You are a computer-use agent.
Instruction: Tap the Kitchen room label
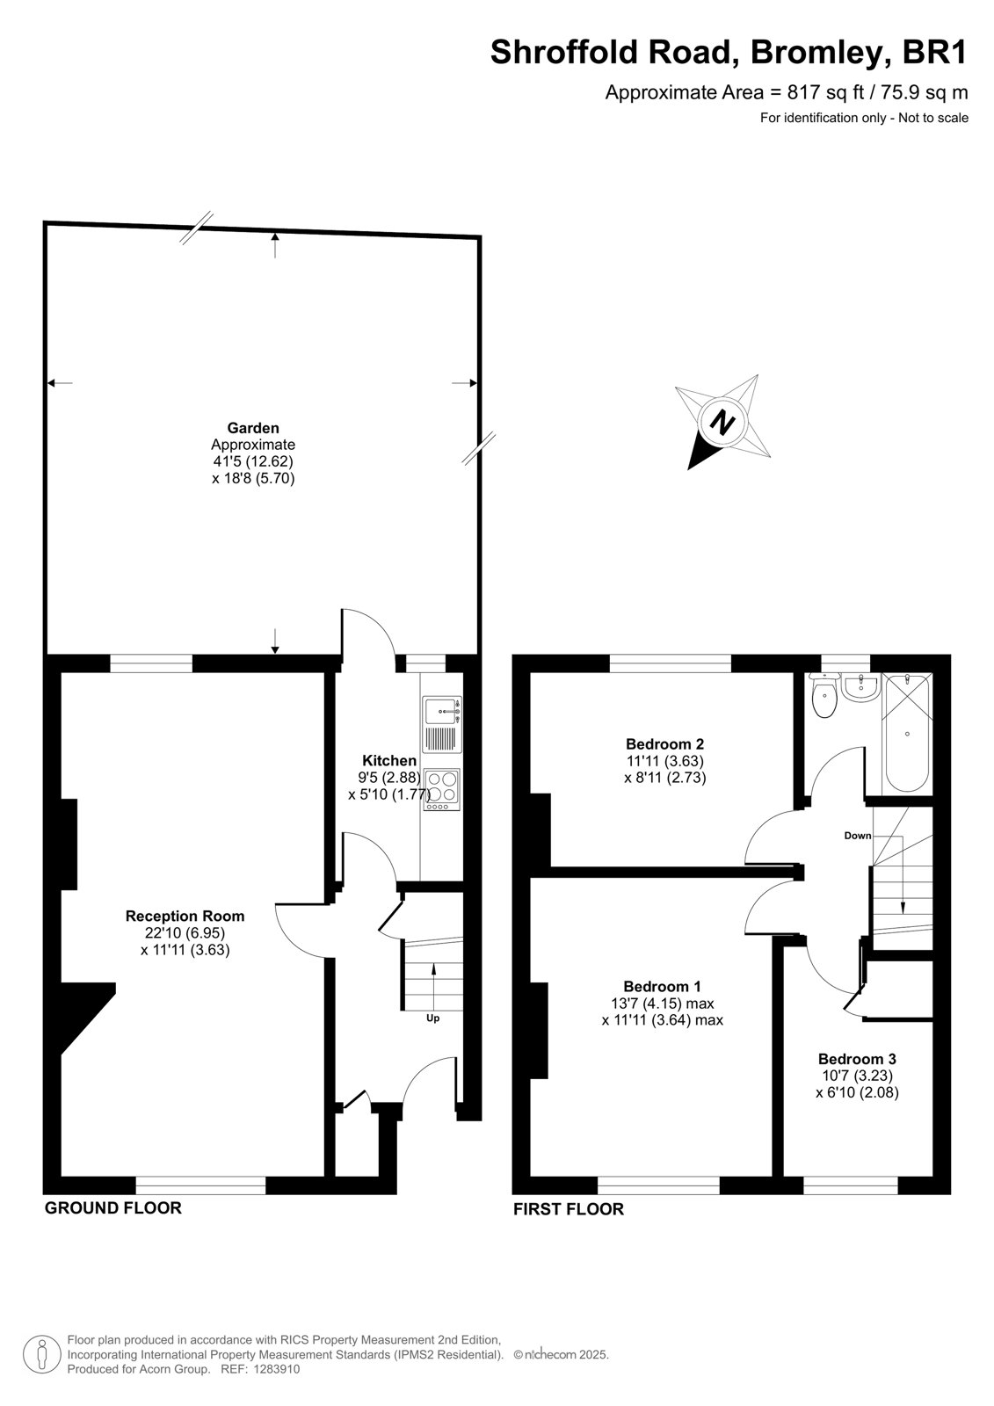tap(389, 760)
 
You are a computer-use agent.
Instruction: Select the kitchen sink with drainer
tap(442, 724)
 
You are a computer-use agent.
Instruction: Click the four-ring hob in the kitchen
tap(442, 790)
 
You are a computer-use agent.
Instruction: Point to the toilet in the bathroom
tap(823, 696)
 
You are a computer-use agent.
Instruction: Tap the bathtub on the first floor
tap(907, 733)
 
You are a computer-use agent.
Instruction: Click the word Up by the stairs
tap(432, 1018)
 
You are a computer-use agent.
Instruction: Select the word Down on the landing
tap(858, 836)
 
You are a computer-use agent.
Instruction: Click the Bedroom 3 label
tap(857, 1059)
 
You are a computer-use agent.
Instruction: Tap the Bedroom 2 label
tap(665, 743)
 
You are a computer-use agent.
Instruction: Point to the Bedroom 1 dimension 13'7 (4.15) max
tap(662, 1003)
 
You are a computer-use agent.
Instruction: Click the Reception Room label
tap(185, 916)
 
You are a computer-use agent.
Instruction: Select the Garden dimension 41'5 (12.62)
tap(252, 461)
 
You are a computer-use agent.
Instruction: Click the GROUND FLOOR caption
tap(113, 1207)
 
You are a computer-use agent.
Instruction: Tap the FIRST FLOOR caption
tap(569, 1209)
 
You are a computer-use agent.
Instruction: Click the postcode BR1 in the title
tap(935, 52)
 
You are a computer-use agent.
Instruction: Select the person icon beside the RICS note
tap(42, 1354)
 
